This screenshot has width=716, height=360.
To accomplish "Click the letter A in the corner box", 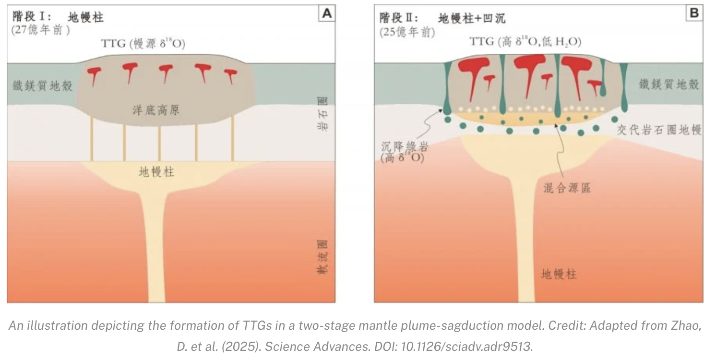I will [327, 14].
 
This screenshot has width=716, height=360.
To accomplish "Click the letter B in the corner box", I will [694, 13].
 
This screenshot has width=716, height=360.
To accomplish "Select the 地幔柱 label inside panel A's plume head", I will [156, 172].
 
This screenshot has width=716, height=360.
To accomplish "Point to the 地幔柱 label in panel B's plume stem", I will [559, 275].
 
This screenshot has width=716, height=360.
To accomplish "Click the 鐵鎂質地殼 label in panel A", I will [43, 86].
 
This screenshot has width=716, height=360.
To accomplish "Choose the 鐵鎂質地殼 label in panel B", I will [669, 84].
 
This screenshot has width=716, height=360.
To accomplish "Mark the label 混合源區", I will [564, 188].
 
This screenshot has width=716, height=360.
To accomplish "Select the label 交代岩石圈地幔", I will [659, 130].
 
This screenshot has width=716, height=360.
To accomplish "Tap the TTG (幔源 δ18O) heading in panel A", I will [143, 44].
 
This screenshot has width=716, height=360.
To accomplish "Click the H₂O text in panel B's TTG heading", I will [565, 42].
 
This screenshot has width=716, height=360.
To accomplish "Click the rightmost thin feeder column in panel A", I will [233, 143].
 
